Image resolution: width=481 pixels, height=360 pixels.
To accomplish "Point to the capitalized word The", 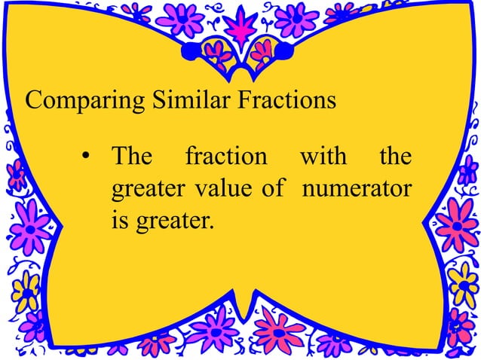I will (131, 157).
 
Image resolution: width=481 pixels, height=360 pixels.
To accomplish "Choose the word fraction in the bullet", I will (226, 157).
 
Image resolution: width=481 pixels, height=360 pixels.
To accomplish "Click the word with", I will (323, 157).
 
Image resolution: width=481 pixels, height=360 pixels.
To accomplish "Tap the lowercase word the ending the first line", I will (395, 157).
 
